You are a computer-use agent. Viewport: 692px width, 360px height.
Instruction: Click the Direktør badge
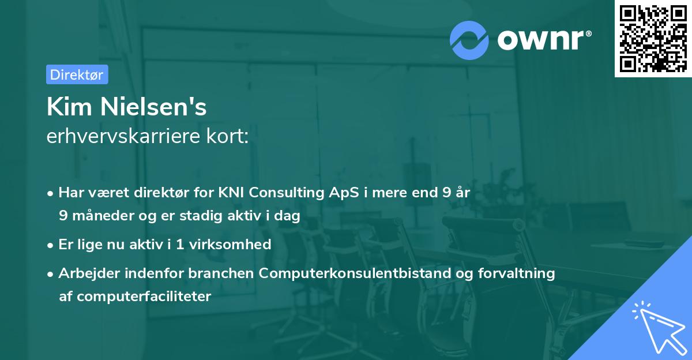tap(77, 74)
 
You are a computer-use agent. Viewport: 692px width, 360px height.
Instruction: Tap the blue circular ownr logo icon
tap(469, 40)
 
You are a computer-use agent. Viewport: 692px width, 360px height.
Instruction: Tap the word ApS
tap(334, 193)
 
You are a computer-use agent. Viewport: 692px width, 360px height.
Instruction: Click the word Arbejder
tap(85, 273)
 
